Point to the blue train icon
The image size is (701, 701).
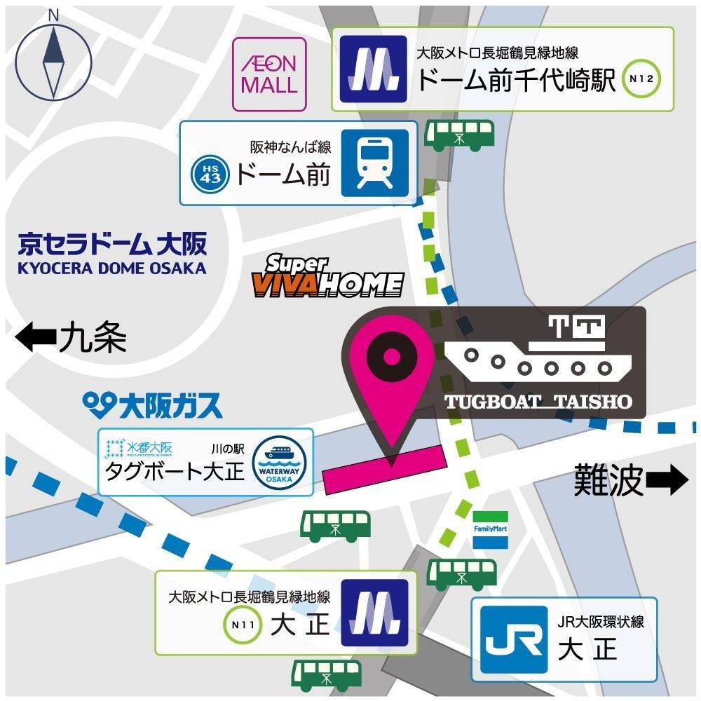point(374,163)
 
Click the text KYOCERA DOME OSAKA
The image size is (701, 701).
point(112,268)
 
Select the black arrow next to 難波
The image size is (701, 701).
point(667,481)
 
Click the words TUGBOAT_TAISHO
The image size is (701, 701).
point(538,402)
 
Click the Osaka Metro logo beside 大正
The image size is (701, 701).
point(374,614)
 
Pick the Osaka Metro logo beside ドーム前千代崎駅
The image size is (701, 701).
point(373,69)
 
